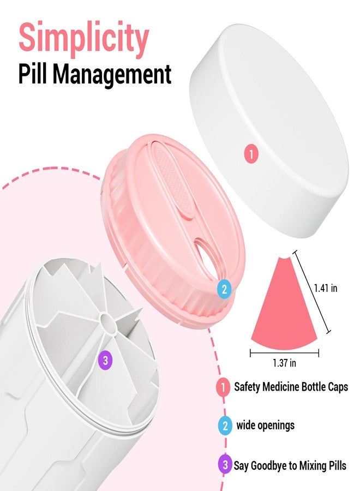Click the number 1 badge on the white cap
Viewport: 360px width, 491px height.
[251, 154]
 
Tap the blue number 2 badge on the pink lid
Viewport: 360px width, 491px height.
[224, 289]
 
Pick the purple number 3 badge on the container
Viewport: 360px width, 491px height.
[105, 361]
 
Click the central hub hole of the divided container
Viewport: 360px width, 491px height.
[107, 321]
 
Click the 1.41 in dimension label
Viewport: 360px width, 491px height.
[326, 288]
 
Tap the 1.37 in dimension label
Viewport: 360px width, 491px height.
[284, 363]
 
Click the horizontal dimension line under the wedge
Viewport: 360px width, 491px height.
[284, 354]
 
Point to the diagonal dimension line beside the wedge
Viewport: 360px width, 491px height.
[311, 292]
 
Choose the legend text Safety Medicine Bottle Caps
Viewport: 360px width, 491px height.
[291, 387]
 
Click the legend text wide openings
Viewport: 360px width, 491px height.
[266, 426]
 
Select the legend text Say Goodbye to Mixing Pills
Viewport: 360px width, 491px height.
[290, 465]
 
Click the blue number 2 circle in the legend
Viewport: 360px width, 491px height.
[225, 426]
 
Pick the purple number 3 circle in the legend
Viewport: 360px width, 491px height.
[225, 465]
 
